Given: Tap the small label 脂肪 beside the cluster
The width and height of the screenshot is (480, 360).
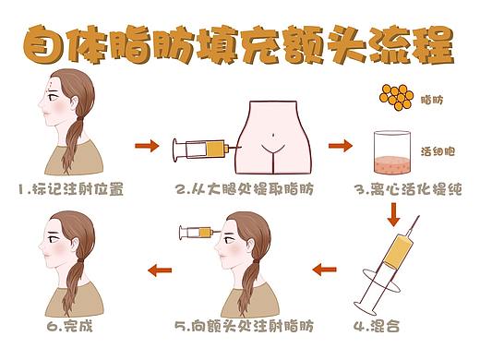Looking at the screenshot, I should [434, 99].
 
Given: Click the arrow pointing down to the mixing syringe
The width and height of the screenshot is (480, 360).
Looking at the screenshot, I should [394, 213].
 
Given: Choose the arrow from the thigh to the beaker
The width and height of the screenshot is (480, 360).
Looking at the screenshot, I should [341, 146].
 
